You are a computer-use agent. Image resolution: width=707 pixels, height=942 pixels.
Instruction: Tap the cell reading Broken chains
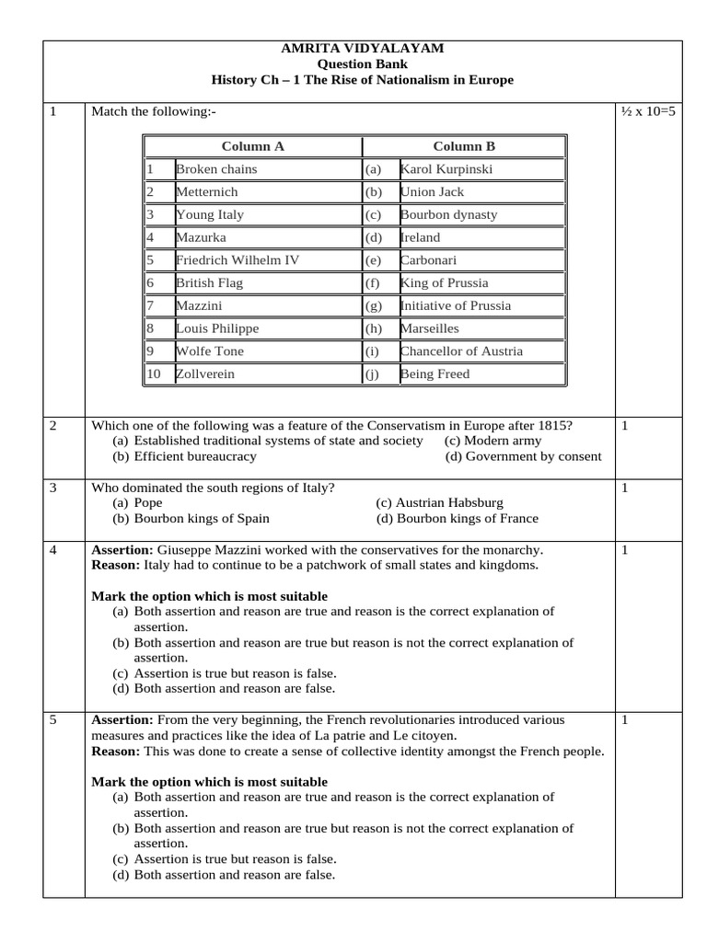point(216,169)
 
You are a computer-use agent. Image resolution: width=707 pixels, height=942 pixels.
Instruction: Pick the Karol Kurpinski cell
point(446,169)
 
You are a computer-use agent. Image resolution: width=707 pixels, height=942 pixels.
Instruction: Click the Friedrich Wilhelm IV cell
point(238,260)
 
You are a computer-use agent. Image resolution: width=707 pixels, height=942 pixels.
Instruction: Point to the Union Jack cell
point(433,192)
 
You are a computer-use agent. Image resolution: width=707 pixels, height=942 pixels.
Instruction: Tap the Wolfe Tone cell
point(209,351)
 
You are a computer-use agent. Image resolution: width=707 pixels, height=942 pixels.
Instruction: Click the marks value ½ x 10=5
point(648,112)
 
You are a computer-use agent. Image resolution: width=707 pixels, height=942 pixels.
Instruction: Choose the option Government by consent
point(523,456)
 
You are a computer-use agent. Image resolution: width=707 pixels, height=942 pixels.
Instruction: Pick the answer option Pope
point(147,504)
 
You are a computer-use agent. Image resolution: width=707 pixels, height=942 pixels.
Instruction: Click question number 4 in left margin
point(53,550)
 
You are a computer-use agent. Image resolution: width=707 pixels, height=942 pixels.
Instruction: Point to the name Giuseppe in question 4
point(188,550)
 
